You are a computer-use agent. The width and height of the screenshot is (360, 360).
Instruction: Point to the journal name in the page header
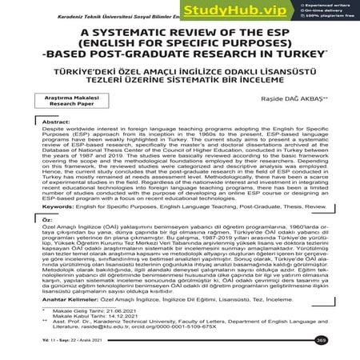pos(96,6)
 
